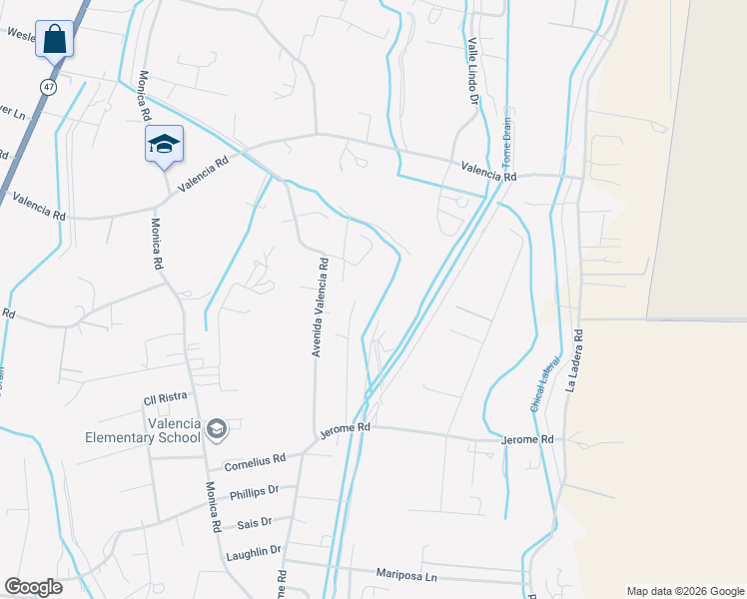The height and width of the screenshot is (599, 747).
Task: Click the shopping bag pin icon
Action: click(55, 41)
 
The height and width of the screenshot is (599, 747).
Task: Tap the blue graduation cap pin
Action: click(163, 145)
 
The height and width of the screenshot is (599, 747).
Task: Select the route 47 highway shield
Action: click(48, 87)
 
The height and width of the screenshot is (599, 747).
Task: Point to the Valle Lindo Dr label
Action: click(471, 72)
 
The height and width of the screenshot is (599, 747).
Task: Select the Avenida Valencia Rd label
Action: click(320, 306)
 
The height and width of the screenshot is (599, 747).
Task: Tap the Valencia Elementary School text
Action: click(144, 430)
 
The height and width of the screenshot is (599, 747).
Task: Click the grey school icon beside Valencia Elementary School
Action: click(218, 430)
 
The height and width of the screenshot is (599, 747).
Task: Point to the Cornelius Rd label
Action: click(255, 462)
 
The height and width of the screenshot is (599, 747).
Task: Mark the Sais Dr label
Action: click(254, 523)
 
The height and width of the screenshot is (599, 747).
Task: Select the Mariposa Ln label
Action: click(406, 574)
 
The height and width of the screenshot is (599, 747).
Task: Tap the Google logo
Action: click(33, 586)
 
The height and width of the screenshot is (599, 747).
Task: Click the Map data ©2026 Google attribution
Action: click(684, 591)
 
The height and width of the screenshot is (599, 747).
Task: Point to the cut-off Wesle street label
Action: click(21, 33)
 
